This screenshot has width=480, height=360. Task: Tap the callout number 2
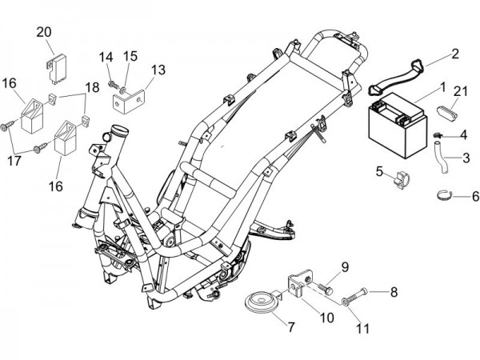(455, 54)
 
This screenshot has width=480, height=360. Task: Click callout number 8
(394, 294)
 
